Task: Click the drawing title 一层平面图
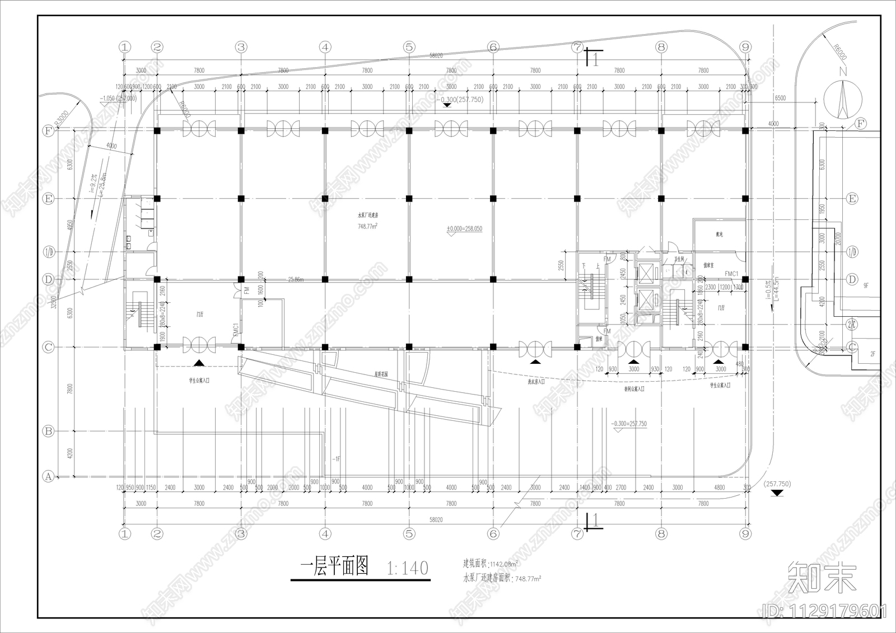tap(334, 566)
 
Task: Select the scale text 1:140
tap(408, 568)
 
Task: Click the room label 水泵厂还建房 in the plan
tap(370, 215)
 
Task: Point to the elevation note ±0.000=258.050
tap(464, 229)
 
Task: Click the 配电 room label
tap(719, 234)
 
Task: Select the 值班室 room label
tap(708, 265)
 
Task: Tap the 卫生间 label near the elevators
tap(679, 259)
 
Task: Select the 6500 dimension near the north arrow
tap(780, 98)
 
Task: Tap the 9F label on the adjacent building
tap(866, 285)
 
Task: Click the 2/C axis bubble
tap(852, 324)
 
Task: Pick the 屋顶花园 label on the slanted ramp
tap(381, 374)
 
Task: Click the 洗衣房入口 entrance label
tap(536, 382)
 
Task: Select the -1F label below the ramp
tap(335, 459)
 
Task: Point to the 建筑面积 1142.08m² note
tap(491, 563)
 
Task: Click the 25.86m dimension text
tap(297, 279)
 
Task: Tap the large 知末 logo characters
tap(822, 577)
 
